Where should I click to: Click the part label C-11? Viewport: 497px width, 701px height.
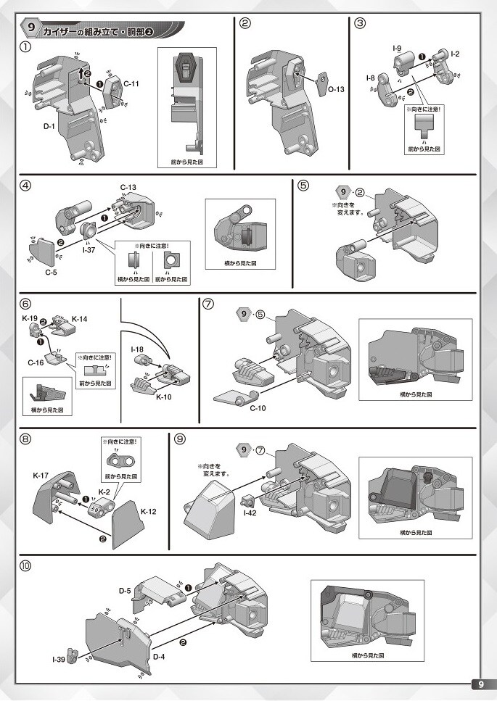coord(131,84)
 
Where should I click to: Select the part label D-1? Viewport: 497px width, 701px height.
coord(49,127)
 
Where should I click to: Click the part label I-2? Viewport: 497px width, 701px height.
coord(455,54)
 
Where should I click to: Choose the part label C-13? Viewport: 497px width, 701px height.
coord(128,188)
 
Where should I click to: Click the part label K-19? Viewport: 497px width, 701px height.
coord(30,319)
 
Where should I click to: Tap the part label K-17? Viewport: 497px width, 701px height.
coord(41,475)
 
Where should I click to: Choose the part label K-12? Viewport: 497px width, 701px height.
coord(148,512)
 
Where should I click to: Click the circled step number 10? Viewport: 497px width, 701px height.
coord(26,566)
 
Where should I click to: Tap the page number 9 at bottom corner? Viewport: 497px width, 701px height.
coord(482,685)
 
